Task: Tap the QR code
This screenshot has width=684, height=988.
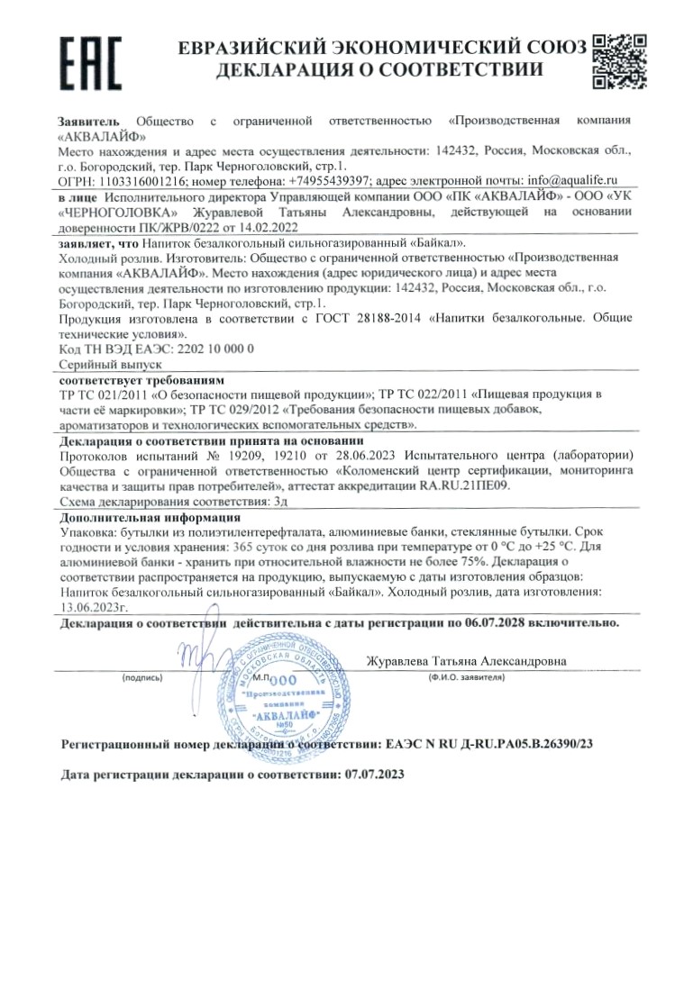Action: (619, 60)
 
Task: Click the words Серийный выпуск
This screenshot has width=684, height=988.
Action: (96, 362)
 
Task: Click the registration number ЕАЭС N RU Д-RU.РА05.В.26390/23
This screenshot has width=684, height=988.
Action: (488, 746)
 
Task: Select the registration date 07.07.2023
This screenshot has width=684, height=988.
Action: (375, 775)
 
